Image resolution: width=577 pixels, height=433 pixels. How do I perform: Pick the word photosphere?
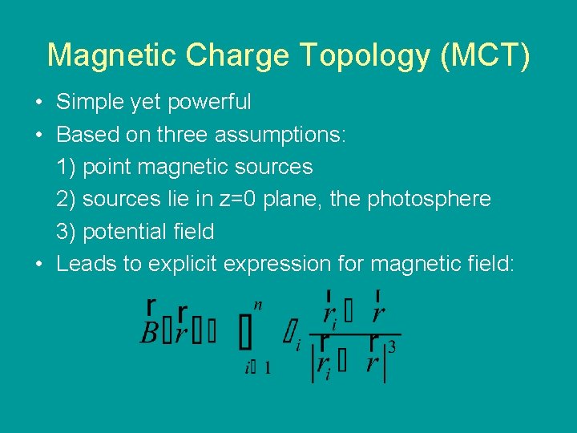tap(429, 200)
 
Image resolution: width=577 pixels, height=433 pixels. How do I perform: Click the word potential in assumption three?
tap(125, 233)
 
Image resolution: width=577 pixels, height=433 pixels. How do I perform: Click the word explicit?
tap(183, 264)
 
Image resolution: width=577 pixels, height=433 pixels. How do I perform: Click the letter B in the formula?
tap(148, 333)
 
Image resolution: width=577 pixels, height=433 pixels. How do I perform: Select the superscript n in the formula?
tap(257, 305)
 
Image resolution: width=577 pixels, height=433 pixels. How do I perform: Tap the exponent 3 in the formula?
tap(391, 347)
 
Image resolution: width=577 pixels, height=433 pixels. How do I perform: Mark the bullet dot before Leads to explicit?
tap(38, 265)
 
